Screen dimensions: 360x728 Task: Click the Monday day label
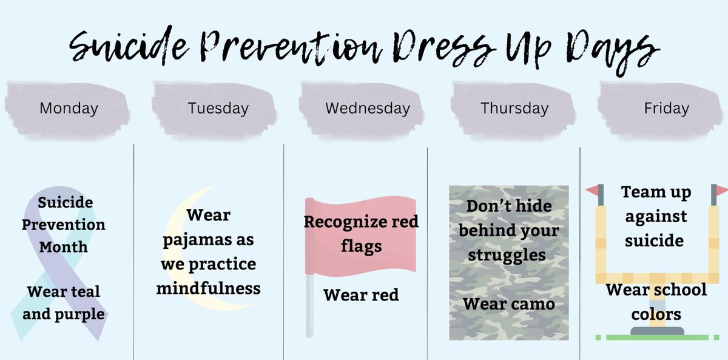[x=69, y=109]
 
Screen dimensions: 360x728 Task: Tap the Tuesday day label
[x=218, y=109]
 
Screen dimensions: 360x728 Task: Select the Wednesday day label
[x=367, y=109]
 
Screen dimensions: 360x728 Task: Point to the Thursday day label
[x=514, y=109]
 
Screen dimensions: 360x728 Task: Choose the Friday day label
[x=667, y=109]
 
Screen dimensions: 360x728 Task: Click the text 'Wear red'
[x=361, y=295]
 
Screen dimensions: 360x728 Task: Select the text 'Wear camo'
[x=509, y=304]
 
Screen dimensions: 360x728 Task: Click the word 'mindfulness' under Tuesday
[x=209, y=288]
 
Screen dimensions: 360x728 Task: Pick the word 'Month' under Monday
[x=64, y=247]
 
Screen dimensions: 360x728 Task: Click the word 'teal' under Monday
[x=85, y=291]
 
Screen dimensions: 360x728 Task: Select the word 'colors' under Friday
[x=656, y=314]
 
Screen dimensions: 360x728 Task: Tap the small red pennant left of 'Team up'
[x=591, y=191]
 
